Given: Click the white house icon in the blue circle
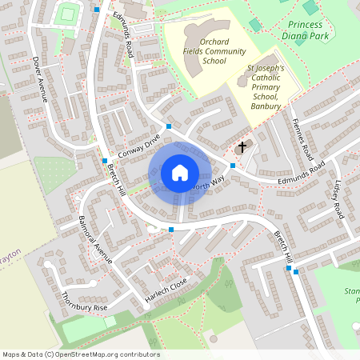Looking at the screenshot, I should point(179,172).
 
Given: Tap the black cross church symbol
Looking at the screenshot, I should point(242,147).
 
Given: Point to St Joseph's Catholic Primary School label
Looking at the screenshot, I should point(265,87).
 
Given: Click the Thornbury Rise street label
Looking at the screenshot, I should point(84,302).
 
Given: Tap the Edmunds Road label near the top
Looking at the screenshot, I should point(122,33).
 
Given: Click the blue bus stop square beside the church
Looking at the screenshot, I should point(233,165).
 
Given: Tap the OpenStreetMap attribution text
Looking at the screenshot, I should point(80,354).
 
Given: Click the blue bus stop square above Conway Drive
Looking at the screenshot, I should point(169,126).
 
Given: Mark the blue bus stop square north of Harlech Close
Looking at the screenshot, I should point(171,230).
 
